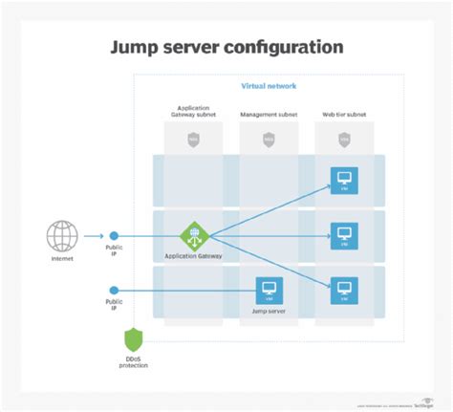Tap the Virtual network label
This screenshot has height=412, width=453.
click(x=269, y=86)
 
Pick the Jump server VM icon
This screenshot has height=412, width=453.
click(x=269, y=289)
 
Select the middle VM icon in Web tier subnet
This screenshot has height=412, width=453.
click(x=343, y=234)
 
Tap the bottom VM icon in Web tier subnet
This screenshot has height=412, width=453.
click(x=343, y=288)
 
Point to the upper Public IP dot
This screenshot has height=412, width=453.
click(x=114, y=235)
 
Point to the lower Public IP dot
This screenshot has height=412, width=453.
click(x=114, y=290)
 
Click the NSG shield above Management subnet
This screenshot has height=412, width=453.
click(x=269, y=139)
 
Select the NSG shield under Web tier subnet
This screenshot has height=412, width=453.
click(x=343, y=139)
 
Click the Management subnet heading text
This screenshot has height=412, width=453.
click(x=269, y=113)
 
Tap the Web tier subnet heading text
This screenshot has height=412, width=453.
click(x=343, y=113)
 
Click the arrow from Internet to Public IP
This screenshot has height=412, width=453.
click(x=94, y=235)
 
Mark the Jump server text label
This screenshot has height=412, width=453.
click(x=269, y=311)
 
